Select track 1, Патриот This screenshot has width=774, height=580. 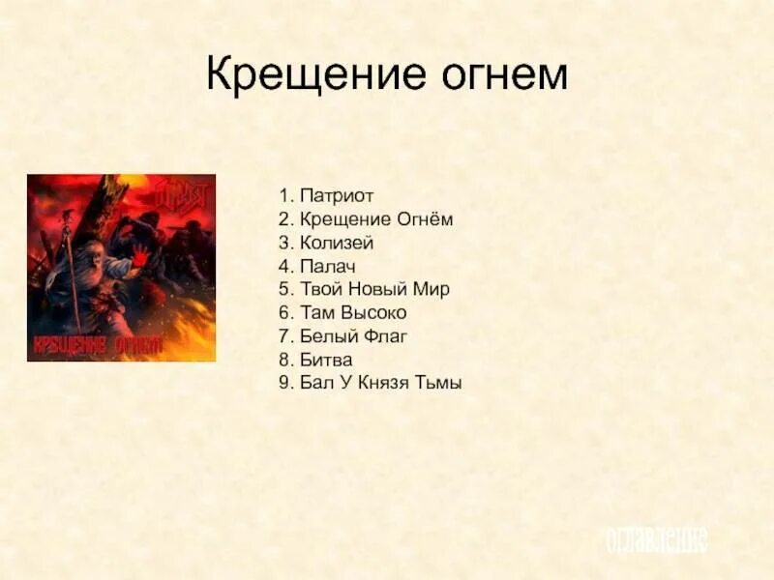point(330,196)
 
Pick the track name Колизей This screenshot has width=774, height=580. point(337,243)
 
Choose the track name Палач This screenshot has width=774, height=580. point(329,266)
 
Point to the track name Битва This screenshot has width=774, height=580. point(327,359)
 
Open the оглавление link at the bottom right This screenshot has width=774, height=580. point(656,540)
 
